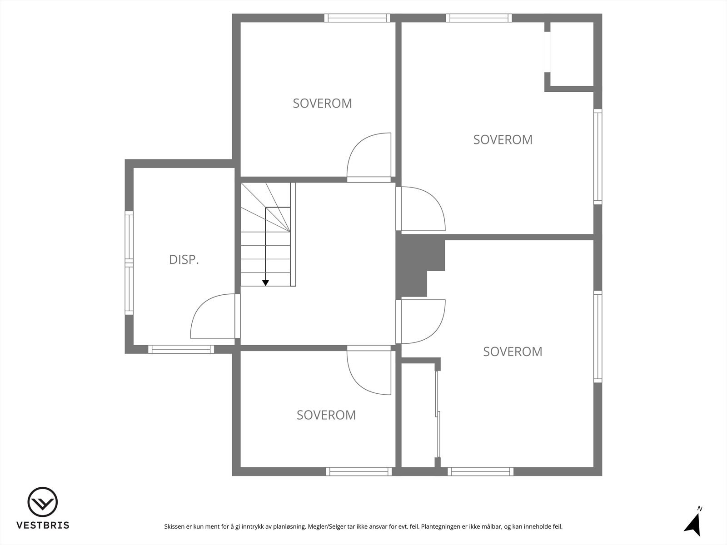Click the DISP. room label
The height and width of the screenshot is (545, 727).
click(184, 260)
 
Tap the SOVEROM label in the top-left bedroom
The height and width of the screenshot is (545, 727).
click(322, 104)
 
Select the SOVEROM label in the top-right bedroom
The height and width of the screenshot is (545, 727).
click(503, 139)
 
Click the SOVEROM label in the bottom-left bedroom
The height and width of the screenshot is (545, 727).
click(326, 415)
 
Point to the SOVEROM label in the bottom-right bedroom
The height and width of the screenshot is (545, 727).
click(513, 352)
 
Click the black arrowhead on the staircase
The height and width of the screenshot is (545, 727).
click(266, 283)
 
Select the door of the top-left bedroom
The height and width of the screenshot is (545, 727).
click(368, 157)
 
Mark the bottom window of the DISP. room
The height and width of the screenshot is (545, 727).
click(181, 349)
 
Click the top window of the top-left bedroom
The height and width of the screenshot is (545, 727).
click(357, 18)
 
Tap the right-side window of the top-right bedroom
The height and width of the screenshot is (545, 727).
click(598, 157)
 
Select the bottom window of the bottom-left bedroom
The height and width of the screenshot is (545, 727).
click(359, 471)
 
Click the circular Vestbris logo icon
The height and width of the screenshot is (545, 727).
click(43, 502)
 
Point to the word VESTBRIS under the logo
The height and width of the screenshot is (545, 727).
click(43, 525)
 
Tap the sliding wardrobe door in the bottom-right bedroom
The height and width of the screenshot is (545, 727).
click(438, 413)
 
